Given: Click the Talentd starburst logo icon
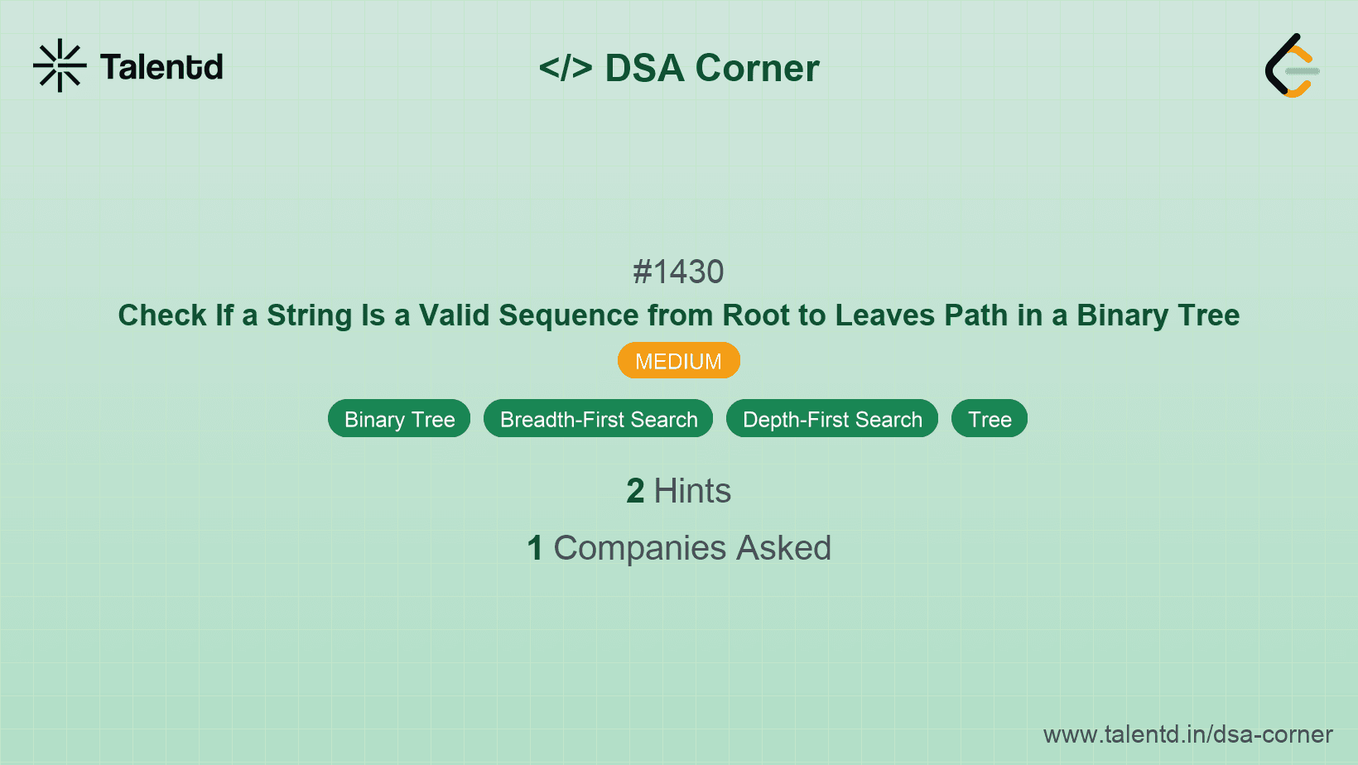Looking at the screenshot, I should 60,65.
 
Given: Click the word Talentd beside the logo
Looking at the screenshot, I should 161,67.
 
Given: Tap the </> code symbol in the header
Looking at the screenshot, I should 566,68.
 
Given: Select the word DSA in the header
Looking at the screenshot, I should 644,68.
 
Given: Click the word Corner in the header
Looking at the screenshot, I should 757,68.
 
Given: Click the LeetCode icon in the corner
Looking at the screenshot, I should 1292,65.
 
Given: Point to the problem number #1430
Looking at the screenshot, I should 678,272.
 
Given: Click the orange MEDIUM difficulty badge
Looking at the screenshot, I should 678,361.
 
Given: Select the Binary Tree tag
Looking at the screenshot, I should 399,419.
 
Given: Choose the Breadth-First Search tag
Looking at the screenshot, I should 598,419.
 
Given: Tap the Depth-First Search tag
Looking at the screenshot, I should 832,419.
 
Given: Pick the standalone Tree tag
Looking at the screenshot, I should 990,419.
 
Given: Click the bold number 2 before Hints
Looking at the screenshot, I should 635,491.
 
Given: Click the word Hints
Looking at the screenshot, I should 692,491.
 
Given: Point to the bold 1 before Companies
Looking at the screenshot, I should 535,548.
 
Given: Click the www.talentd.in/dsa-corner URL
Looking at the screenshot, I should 1187,734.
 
